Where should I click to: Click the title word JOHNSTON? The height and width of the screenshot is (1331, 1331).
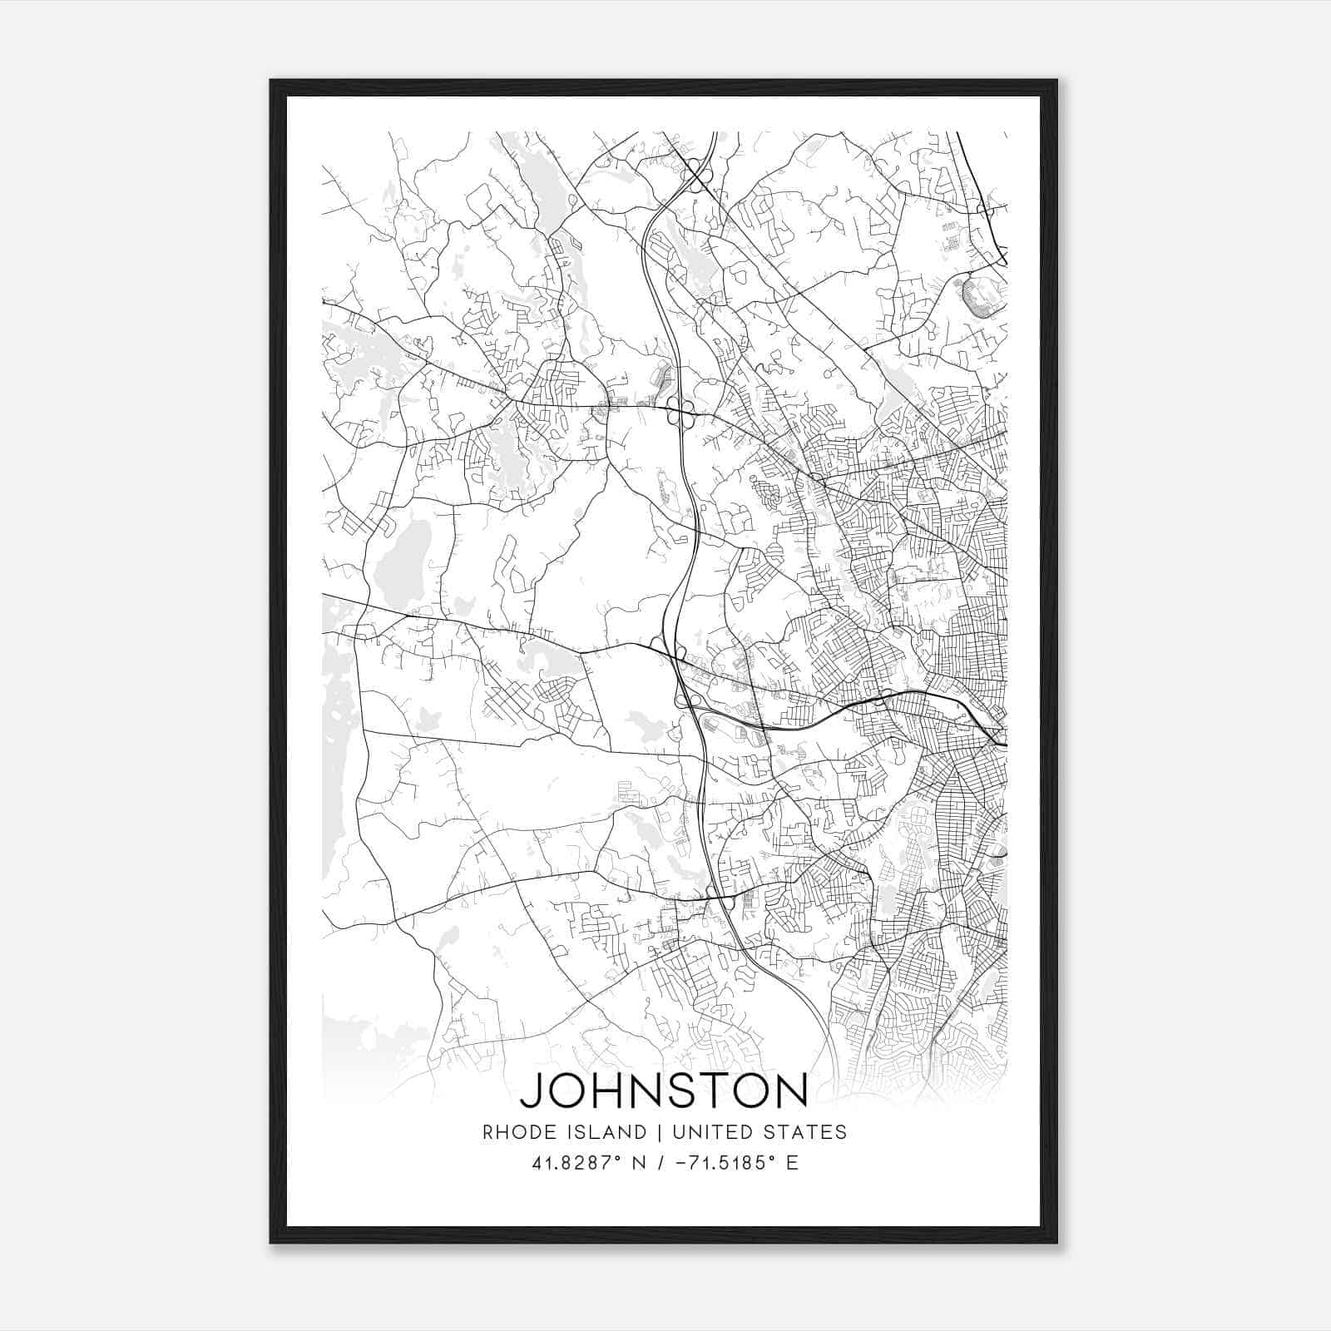[663, 1091]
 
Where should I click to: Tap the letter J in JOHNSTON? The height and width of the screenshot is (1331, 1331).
[533, 1091]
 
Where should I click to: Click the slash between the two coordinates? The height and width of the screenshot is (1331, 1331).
[660, 1163]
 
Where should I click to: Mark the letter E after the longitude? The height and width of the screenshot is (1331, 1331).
[791, 1163]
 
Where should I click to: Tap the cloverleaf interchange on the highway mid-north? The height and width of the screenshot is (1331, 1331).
[680, 412]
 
